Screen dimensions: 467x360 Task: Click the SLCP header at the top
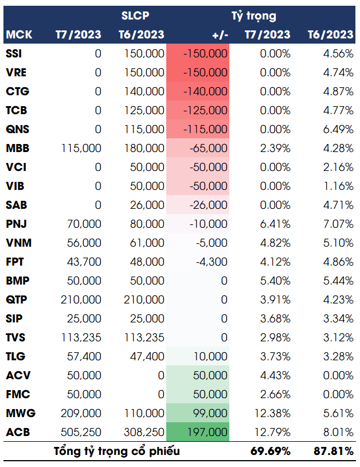pos(135,15)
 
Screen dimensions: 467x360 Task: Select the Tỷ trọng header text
pos(253,15)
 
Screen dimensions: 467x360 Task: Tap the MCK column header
pos(19,34)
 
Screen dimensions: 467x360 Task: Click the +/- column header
pos(220,34)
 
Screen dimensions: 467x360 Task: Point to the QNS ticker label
pos(17,129)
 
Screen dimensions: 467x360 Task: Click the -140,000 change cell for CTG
pos(205,91)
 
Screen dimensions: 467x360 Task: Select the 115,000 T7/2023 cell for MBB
pos(81,148)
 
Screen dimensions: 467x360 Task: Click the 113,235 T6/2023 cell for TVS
pos(144,337)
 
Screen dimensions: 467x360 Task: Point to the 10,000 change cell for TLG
pos(212,356)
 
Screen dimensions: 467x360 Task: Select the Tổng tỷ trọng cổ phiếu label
pos(117,451)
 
